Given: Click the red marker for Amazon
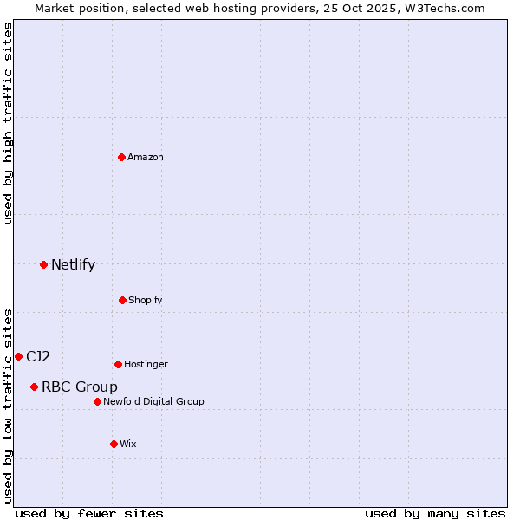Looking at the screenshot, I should pyautogui.click(x=122, y=157).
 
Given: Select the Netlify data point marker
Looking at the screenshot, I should pyautogui.click(x=43, y=264).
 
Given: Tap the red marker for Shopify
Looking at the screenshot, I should pyautogui.click(x=122, y=300).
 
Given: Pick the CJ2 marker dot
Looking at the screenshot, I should pyautogui.click(x=18, y=356).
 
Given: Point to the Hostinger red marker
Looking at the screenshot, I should pyautogui.click(x=118, y=364).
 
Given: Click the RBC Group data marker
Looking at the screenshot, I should pyautogui.click(x=34, y=387).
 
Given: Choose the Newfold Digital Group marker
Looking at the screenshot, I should pyautogui.click(x=97, y=401).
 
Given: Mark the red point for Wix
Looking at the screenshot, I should pyautogui.click(x=114, y=444).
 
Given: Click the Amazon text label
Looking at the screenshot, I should pyautogui.click(x=146, y=157).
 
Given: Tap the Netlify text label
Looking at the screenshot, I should pyautogui.click(x=73, y=264).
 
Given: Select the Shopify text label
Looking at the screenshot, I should pyautogui.click(x=146, y=300).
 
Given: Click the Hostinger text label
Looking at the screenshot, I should pyautogui.click(x=146, y=364).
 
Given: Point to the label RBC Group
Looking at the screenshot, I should pyautogui.click(x=80, y=387).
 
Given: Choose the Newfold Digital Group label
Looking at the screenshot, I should pyautogui.click(x=153, y=401).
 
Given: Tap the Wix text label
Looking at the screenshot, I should pyautogui.click(x=128, y=444).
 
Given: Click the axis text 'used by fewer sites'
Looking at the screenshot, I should pyautogui.click(x=89, y=513).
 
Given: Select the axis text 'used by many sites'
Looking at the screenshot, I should pyautogui.click(x=435, y=513).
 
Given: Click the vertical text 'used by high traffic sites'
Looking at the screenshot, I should pyautogui.click(x=8, y=123).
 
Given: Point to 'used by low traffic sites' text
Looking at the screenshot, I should pyautogui.click(x=8, y=405).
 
